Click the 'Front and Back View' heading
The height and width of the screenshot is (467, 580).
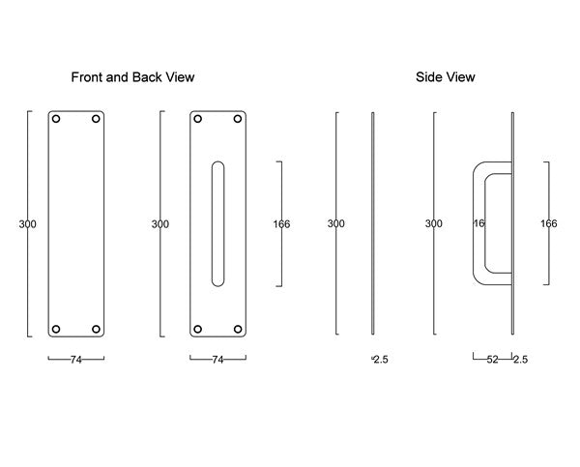(x=132, y=77)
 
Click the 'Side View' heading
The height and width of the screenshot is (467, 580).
(x=446, y=77)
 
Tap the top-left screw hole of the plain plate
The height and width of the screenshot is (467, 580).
(x=56, y=119)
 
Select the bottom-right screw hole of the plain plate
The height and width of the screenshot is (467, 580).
(x=96, y=329)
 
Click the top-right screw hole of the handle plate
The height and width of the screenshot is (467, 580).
(x=238, y=119)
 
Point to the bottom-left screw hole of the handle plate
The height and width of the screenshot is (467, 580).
(x=198, y=329)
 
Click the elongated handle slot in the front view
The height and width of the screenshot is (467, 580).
(x=217, y=224)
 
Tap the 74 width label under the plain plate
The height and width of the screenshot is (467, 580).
(x=76, y=360)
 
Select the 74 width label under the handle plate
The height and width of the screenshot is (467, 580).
(x=217, y=360)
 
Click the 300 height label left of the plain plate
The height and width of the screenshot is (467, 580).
(x=28, y=224)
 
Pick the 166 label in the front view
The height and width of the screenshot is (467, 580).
(x=281, y=224)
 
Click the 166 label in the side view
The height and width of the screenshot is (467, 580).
(x=548, y=223)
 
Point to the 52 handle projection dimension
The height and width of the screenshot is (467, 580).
(x=492, y=360)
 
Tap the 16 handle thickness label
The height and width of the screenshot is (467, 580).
(x=479, y=223)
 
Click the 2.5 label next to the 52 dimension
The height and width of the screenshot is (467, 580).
(x=520, y=360)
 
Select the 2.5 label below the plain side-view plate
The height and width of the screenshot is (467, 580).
(x=381, y=360)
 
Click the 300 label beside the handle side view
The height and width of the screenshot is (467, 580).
(x=433, y=223)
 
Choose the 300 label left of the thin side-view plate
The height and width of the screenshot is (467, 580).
(x=335, y=223)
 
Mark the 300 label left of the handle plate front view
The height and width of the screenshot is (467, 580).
(x=160, y=224)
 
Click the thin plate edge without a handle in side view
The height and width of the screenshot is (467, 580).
(x=373, y=223)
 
